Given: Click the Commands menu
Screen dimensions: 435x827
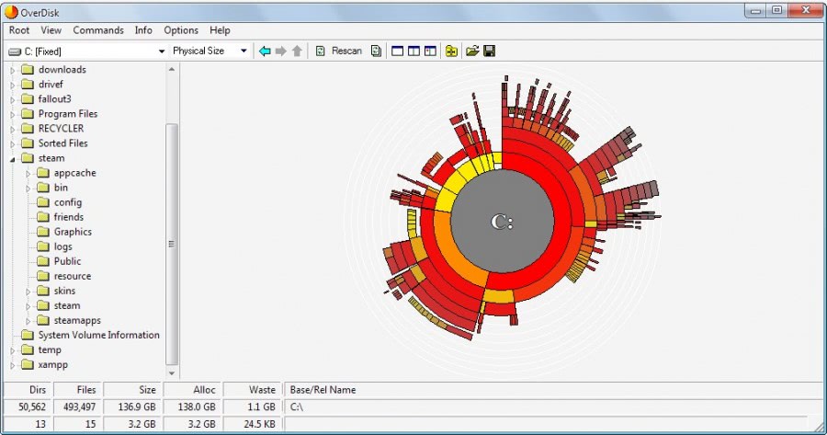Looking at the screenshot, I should click(x=98, y=30).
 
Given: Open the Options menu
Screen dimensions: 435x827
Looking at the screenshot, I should click(x=181, y=30).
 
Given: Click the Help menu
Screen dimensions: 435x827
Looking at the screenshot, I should click(x=220, y=30).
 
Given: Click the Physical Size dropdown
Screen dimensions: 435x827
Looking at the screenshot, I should click(x=210, y=51).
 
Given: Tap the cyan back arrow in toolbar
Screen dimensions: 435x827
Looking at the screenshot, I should click(x=265, y=51).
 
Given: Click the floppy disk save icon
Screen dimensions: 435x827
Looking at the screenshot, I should click(x=490, y=51).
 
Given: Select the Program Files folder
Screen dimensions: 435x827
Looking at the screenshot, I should click(x=67, y=114).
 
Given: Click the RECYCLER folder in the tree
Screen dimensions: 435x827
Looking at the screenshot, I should click(x=61, y=129).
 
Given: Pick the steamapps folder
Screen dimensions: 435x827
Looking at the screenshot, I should click(x=77, y=320).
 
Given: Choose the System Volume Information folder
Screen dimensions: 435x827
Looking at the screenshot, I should click(x=98, y=335).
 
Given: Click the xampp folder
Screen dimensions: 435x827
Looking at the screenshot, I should click(x=53, y=364).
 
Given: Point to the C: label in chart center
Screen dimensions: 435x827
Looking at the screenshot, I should click(x=502, y=222).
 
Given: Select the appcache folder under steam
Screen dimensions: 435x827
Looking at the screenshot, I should click(x=74, y=173).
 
